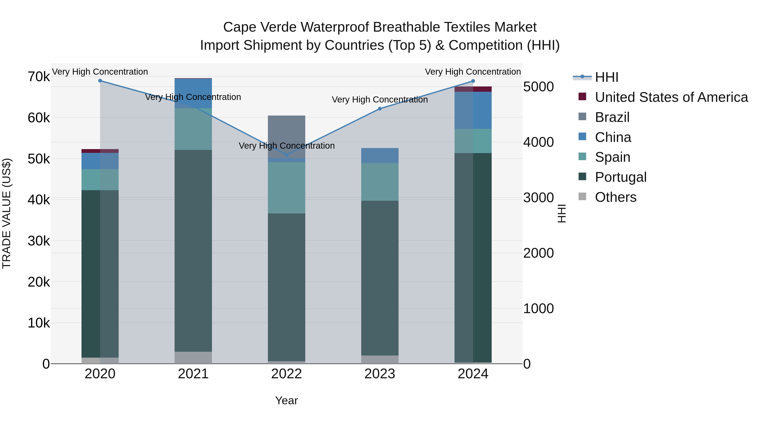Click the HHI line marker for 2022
point(286,155)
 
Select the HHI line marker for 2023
point(380,109)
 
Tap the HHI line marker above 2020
point(100,81)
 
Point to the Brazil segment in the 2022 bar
point(286,136)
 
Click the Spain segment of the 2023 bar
point(380,182)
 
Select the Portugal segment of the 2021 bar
point(193,251)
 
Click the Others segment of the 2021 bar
point(193,357)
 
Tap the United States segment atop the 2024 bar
point(473,89)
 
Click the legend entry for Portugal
point(620,177)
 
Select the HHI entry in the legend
point(606,77)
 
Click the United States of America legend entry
point(671,97)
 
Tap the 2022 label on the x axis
point(286,374)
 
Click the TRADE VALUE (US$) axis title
point(7,213)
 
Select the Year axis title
point(286,400)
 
